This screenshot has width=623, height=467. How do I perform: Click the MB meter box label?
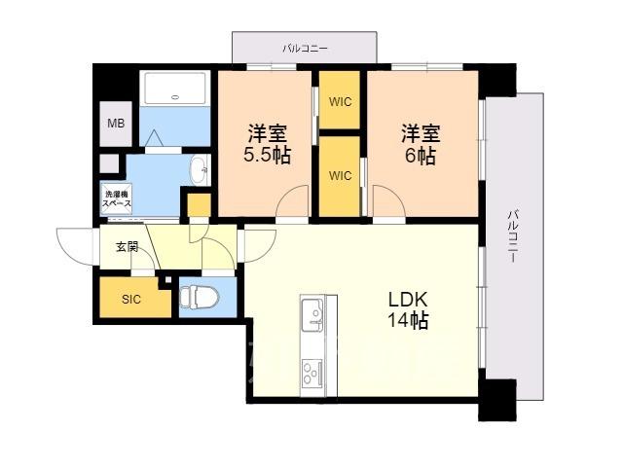coord(116,124)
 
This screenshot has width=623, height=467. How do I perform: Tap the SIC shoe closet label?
coord(131,299)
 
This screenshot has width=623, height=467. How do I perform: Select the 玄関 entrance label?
coord(128,247)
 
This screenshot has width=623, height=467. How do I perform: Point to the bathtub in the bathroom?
coord(175,89)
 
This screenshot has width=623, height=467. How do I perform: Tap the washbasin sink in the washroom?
coord(200,171)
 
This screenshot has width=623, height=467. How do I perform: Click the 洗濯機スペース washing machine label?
coord(117,198)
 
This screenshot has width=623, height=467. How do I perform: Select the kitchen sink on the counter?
coord(312,315)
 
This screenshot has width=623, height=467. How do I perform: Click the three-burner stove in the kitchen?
coord(312,373)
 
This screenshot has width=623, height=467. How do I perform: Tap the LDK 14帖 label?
coord(408,310)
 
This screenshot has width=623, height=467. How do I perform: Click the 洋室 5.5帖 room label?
coord(267,144)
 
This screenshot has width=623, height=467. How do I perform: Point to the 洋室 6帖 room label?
coord(421,144)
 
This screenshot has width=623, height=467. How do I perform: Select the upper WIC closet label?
coord(340,102)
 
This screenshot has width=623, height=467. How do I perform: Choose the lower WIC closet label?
coord(340,175)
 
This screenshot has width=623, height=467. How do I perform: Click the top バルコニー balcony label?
coord(305,49)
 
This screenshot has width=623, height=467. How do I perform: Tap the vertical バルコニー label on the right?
coord(512,236)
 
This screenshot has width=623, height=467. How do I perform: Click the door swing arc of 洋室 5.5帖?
coord(287,193)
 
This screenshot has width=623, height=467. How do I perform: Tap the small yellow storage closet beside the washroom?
coord(199,205)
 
